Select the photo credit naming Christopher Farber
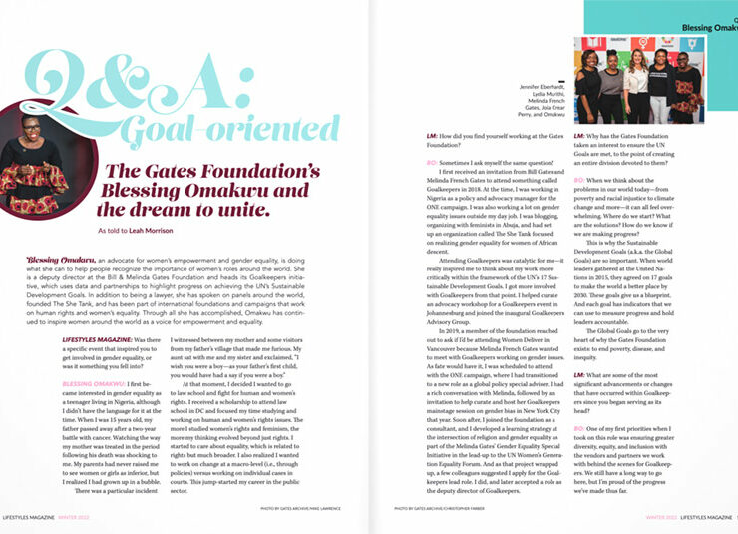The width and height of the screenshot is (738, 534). click(x=445, y=508)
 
